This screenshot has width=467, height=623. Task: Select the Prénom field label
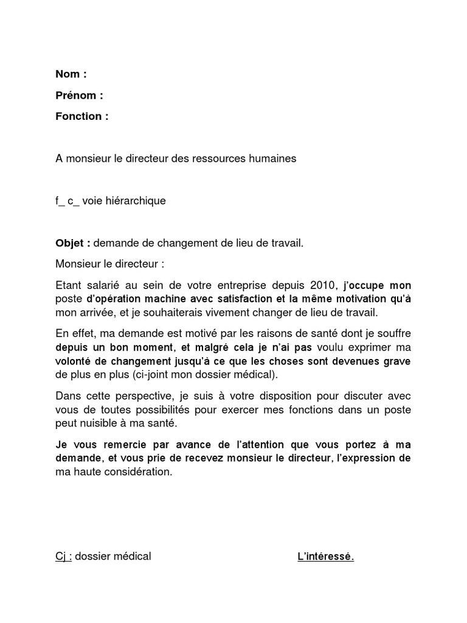pyautogui.click(x=76, y=96)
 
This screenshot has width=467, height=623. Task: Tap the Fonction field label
pyautogui.click(x=79, y=116)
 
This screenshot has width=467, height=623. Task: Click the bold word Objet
pyautogui.click(x=71, y=243)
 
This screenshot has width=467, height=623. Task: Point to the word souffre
pyautogui.click(x=395, y=333)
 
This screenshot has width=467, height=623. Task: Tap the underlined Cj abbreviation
pyautogui.click(x=61, y=556)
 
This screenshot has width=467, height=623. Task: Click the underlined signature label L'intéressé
pyautogui.click(x=325, y=557)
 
